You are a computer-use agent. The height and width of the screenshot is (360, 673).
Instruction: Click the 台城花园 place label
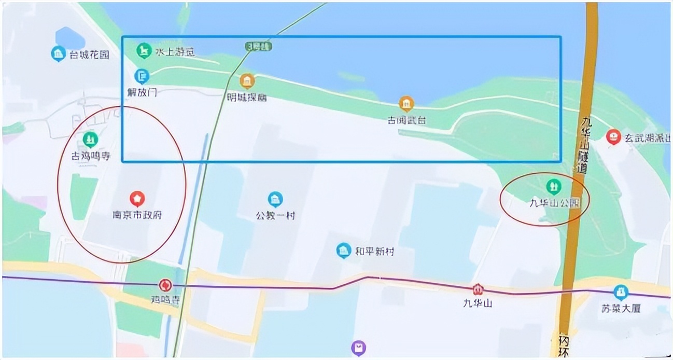click(89, 55)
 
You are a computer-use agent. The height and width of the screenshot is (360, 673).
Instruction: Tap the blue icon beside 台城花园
click(58, 53)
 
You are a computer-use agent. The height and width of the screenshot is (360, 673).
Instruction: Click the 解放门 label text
click(142, 93)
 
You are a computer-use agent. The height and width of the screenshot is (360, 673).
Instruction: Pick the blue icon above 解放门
click(142, 77)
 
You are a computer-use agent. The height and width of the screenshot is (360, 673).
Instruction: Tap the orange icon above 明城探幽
click(247, 81)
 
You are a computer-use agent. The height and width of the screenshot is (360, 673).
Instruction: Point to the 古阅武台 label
click(407, 120)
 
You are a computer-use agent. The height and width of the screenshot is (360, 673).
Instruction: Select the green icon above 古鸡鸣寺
click(91, 139)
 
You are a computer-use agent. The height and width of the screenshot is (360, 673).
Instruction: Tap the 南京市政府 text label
click(137, 214)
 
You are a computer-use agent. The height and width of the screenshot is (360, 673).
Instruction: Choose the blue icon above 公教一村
click(275, 199)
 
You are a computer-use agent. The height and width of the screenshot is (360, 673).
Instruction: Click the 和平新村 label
click(374, 252)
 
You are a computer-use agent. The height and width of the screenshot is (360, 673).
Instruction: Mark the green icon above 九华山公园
click(553, 186)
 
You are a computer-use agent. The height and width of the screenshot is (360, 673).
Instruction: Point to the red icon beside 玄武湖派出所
click(613, 137)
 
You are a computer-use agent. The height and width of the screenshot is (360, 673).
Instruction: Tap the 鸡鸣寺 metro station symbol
click(165, 285)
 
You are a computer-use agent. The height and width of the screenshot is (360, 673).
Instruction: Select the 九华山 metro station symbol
click(478, 289)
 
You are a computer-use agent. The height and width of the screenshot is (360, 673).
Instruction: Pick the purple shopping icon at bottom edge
click(358, 348)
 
